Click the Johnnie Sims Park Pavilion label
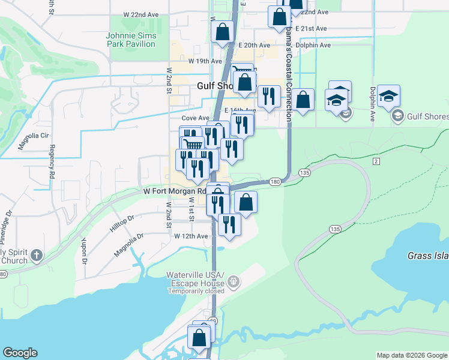131,40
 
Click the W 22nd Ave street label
141,14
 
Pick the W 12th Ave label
191,236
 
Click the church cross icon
36,255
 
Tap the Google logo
20,353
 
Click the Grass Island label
428,256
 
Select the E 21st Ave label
311,28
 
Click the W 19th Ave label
206,61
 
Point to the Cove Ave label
196,118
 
